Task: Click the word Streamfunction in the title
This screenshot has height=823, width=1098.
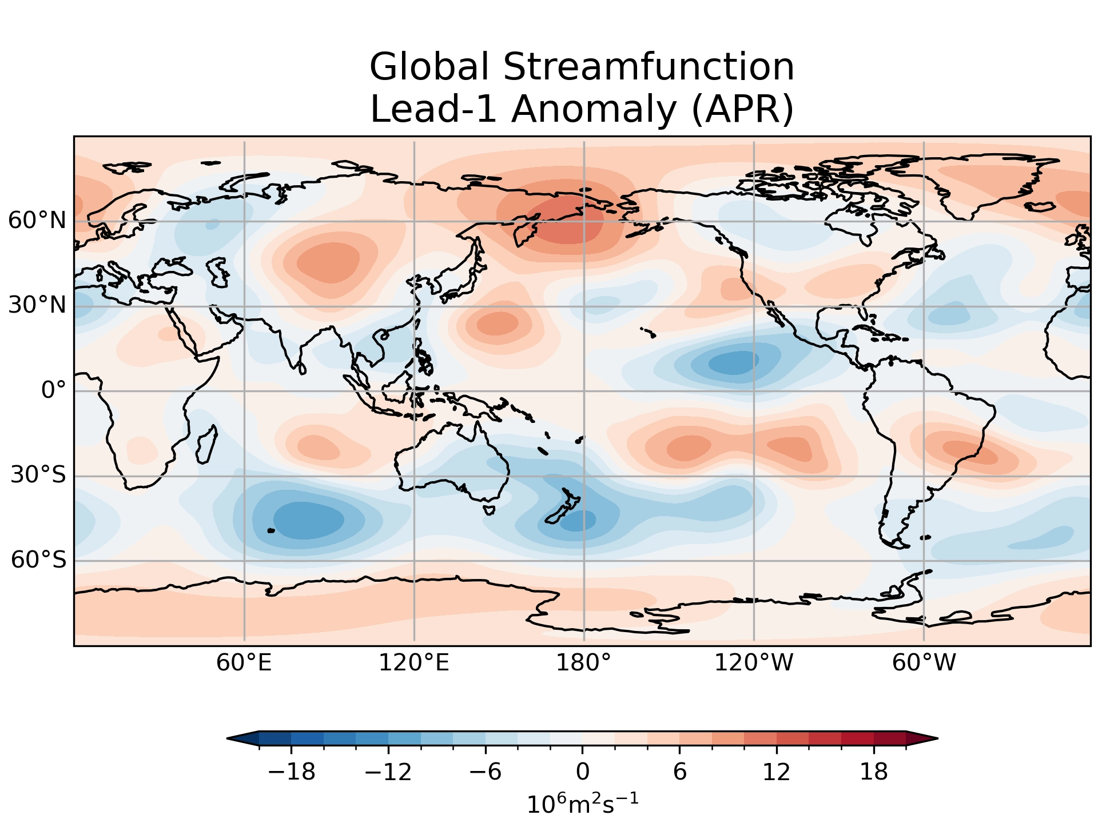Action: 649,67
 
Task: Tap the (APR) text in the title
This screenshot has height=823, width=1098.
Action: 742,109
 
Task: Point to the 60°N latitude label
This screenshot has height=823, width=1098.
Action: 37,221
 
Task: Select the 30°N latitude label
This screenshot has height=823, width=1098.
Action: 37,306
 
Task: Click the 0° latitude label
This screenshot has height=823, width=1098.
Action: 53,391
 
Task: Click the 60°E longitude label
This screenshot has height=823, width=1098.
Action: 244,664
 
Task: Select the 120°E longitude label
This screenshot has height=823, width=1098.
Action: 414,664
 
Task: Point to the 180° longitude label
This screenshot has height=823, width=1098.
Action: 584,664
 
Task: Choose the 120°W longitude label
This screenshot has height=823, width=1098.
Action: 754,664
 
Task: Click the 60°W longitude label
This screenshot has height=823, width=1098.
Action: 924,664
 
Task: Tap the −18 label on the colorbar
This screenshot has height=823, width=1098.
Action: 292,773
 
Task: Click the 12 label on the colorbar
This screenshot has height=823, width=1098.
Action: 777,773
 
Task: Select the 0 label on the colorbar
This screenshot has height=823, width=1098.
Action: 583,773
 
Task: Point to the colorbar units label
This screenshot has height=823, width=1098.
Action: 582,804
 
